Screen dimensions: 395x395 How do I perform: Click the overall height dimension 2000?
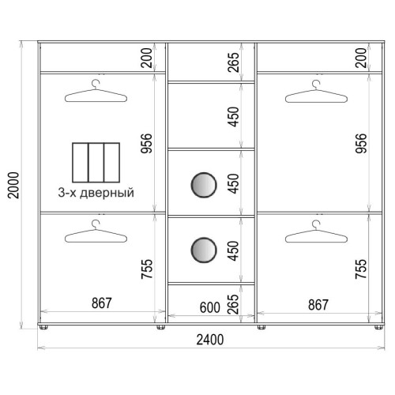pyautogui.click(x=13, y=185)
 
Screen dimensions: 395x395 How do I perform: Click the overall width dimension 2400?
pyautogui.click(x=210, y=340)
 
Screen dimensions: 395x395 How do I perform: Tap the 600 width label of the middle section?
pyautogui.click(x=209, y=307)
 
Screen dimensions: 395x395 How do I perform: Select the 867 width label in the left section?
pyautogui.click(x=102, y=303)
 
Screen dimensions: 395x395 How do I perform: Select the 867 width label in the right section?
pyautogui.click(x=318, y=305)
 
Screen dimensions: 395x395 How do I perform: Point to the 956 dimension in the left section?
pyautogui.click(x=146, y=144)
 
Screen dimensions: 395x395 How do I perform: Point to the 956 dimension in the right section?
pyautogui.click(x=361, y=144)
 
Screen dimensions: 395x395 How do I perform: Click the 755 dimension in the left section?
pyautogui.click(x=146, y=269)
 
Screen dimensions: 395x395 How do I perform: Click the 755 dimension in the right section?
pyautogui.click(x=361, y=269)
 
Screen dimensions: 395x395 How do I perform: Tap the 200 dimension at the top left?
pyautogui.click(x=146, y=58)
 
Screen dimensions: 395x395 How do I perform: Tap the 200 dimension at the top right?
pyautogui.click(x=361, y=58)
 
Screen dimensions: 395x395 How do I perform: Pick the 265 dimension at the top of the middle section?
pyautogui.click(x=233, y=62)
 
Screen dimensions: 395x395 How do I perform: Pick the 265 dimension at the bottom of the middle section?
pyautogui.click(x=233, y=304)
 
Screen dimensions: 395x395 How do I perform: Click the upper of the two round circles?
pyautogui.click(x=204, y=185)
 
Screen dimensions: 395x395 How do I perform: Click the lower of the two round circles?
pyautogui.click(x=204, y=250)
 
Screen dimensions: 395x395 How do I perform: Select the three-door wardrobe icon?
pyautogui.click(x=96, y=163)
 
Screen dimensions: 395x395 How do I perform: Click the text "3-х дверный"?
pyautogui.click(x=96, y=193)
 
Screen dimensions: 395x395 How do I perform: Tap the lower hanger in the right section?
pyautogui.click(x=316, y=231)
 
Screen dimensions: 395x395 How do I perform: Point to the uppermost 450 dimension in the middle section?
pyautogui.click(x=233, y=117)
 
